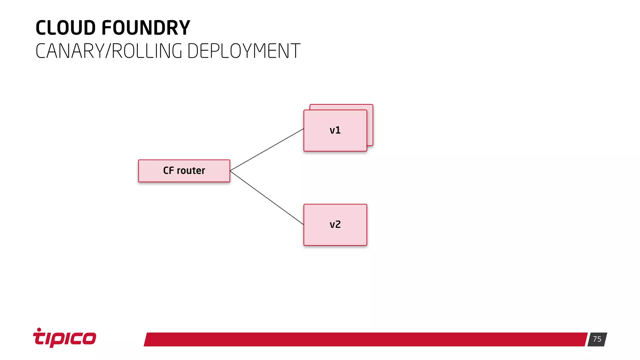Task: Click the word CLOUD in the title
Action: [x=65, y=28]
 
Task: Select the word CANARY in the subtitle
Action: [x=70, y=51]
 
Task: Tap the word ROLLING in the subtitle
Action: [x=147, y=51]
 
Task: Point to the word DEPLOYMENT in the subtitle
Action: [x=244, y=51]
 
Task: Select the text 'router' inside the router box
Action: [x=191, y=171]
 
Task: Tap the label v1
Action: [x=335, y=130]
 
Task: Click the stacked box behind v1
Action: [x=370, y=125]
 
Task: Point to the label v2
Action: [x=335, y=224]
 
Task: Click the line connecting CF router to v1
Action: [x=267, y=150]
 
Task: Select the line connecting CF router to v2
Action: [x=267, y=197]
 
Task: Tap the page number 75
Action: [x=597, y=339]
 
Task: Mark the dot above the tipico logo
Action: [x=39, y=329]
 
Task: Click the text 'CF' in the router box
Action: [x=168, y=171]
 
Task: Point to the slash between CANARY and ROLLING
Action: [x=108, y=51]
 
